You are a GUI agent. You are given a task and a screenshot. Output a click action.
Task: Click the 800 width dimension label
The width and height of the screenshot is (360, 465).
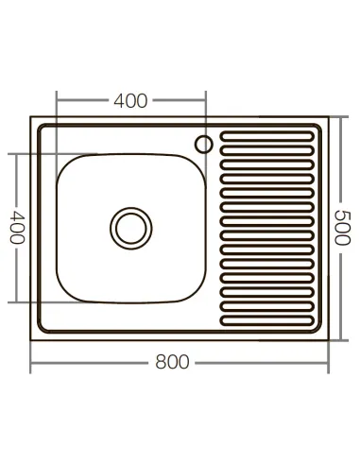tap(174, 362)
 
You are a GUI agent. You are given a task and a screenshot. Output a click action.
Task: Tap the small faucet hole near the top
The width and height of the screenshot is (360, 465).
tap(203, 144)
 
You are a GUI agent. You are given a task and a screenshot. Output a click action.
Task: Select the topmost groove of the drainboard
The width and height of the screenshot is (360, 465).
tap(266, 137)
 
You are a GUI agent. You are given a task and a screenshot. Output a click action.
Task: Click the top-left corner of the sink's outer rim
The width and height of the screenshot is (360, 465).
tap(31, 119)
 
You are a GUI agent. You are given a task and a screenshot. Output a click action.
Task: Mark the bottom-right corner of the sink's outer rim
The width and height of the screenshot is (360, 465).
tap(327, 338)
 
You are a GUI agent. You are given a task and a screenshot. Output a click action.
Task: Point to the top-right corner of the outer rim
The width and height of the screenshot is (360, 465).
tap(327, 119)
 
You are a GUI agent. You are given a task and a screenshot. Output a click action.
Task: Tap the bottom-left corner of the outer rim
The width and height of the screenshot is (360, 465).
tap(31, 338)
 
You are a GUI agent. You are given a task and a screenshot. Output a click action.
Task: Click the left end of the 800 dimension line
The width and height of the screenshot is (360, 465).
tap(31, 362)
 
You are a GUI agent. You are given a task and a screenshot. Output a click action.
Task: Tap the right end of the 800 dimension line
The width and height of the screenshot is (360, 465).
tap(327, 362)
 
